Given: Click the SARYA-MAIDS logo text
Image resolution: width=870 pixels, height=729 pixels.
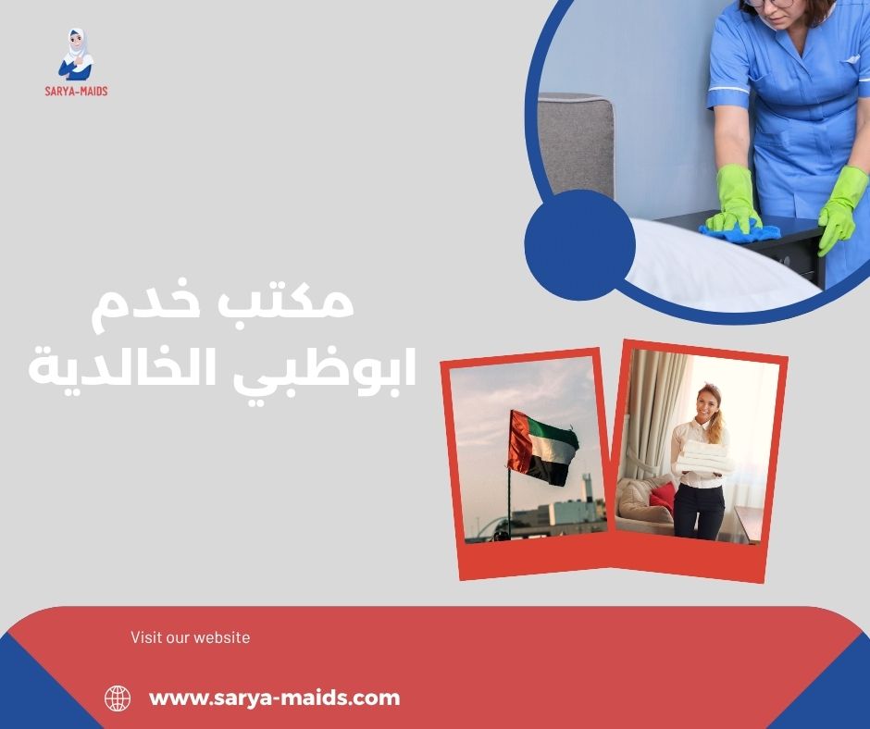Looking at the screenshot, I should [75, 92].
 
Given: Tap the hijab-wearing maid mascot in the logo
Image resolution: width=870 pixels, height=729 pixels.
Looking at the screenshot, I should [76, 55].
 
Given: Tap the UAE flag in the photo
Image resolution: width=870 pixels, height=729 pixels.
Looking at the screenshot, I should [543, 446].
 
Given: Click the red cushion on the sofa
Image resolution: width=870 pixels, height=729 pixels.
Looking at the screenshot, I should [663, 497].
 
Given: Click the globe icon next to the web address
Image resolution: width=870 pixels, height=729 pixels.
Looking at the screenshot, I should [118, 698].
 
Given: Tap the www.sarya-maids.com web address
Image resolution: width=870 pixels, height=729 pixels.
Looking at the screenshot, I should [275, 698].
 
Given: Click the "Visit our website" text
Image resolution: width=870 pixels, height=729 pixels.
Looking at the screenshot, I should [190, 637].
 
